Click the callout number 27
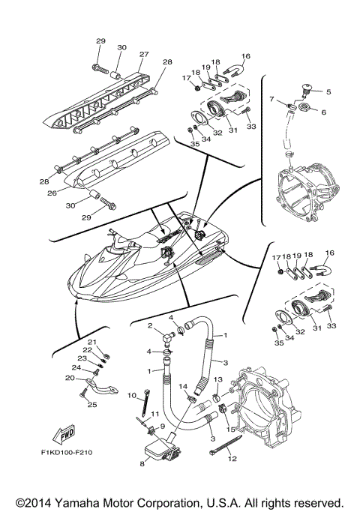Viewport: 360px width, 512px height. (143, 54)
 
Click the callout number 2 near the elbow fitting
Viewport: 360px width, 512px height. (151, 326)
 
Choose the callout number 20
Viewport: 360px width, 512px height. (70, 378)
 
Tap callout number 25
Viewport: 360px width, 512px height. (94, 405)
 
